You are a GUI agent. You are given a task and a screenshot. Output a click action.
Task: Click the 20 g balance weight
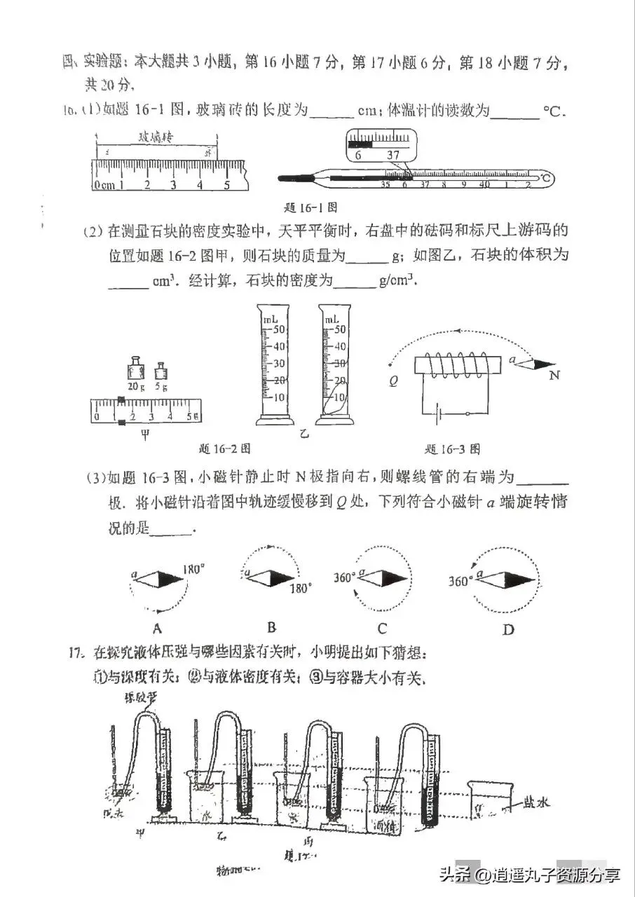(135, 369)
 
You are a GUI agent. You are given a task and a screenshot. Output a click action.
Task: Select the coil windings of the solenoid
(460, 365)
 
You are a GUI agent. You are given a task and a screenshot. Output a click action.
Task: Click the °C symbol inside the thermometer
(545, 179)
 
